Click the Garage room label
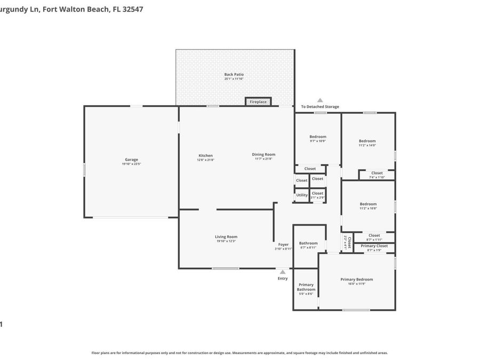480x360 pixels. (131, 160)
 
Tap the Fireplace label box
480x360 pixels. (258, 102)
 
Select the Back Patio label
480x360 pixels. (234, 75)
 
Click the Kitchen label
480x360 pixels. (205, 156)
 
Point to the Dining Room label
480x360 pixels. (263, 155)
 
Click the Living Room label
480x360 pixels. (226, 237)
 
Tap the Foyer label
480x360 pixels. (283, 245)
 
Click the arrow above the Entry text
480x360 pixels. (283, 271)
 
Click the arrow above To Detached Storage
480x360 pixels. (320, 100)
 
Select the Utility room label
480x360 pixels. (302, 195)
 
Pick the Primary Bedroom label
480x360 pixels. (357, 279)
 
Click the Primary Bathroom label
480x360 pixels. (306, 287)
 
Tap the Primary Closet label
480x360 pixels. (374, 246)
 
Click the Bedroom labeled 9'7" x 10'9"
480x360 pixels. (318, 137)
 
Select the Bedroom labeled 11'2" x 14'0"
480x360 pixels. (367, 141)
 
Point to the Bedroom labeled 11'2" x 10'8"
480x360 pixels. (368, 204)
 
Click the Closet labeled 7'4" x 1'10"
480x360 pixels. (377, 173)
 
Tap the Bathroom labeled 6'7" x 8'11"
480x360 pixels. (308, 244)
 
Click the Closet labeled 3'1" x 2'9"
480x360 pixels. (317, 194)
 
